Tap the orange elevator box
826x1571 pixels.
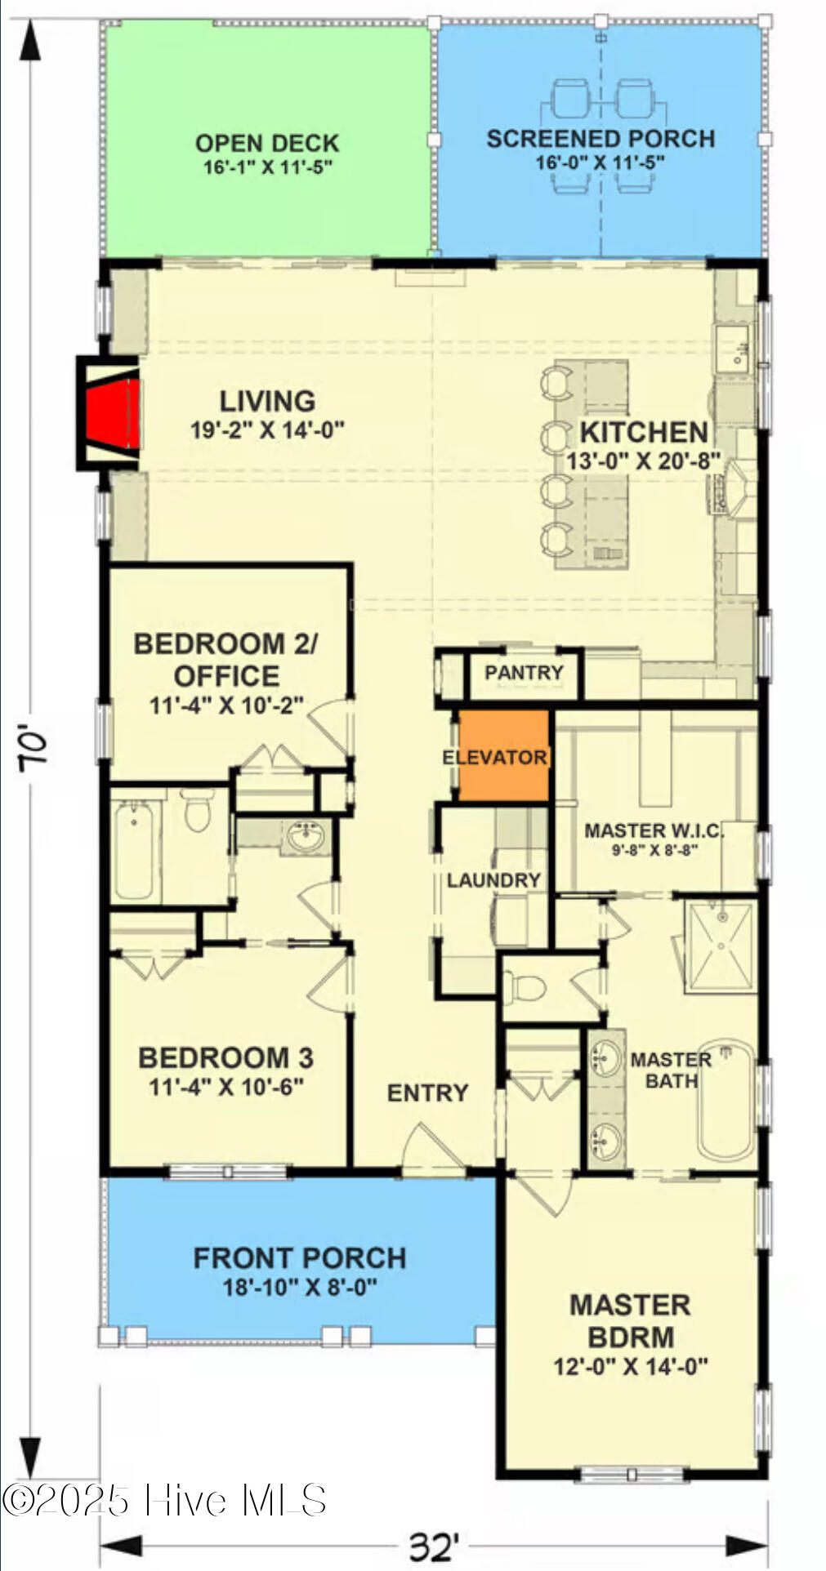click(503, 755)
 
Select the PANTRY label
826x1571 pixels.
click(524, 673)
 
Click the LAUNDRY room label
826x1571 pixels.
click(493, 880)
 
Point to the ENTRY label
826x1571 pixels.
click(427, 1093)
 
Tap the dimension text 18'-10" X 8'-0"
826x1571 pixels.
click(300, 1288)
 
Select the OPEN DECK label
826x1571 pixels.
click(266, 144)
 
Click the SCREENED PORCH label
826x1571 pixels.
click(601, 139)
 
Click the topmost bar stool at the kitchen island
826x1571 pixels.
click(557, 382)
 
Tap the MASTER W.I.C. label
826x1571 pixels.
click(654, 830)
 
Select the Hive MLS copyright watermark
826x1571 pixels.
click(163, 1501)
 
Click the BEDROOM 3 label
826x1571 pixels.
click(225, 1058)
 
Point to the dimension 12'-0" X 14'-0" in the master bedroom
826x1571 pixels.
click(630, 1366)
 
